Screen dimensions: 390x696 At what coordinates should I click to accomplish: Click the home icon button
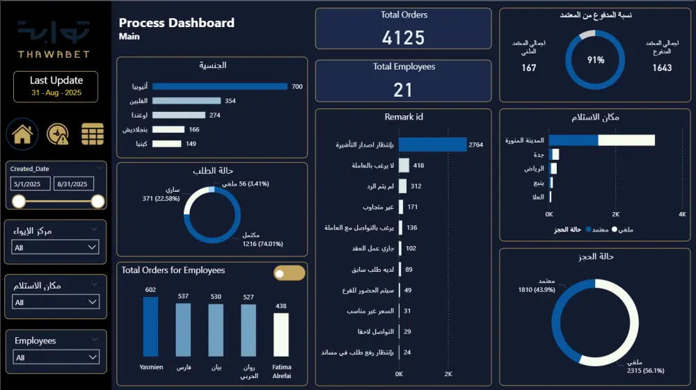point(22,133)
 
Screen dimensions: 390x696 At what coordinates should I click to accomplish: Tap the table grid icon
point(93,133)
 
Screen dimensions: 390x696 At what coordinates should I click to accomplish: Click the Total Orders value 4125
point(403,37)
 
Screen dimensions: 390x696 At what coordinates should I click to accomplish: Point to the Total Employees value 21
point(403,89)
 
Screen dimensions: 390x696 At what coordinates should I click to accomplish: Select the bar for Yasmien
point(150,327)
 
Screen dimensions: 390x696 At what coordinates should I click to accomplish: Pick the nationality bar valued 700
point(219,86)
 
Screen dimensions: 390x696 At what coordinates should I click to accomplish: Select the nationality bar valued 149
point(166,144)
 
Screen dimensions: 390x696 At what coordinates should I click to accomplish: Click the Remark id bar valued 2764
point(432,145)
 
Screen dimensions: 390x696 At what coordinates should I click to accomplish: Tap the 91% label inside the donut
point(596,60)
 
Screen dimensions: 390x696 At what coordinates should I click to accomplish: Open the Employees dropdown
point(56,357)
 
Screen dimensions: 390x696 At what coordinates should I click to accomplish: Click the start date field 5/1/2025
point(31,184)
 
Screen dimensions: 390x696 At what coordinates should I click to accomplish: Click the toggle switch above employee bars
point(289,273)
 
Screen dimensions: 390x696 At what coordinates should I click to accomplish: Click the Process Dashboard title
point(177,23)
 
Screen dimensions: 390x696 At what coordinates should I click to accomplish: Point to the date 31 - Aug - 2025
point(56,92)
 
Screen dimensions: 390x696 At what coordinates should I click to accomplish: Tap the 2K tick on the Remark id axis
point(448,374)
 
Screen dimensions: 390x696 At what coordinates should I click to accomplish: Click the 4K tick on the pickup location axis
point(681,214)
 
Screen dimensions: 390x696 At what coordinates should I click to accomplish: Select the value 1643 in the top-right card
point(662,67)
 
